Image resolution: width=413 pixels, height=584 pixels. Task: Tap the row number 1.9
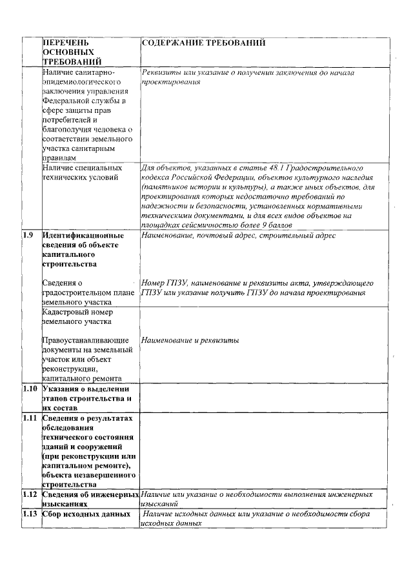pyautogui.click(x=28, y=234)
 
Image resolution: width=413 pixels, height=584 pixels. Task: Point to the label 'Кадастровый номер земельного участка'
pyautogui.click(x=77, y=316)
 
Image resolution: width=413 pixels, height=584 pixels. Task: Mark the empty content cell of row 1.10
pyautogui.click(x=265, y=398)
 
